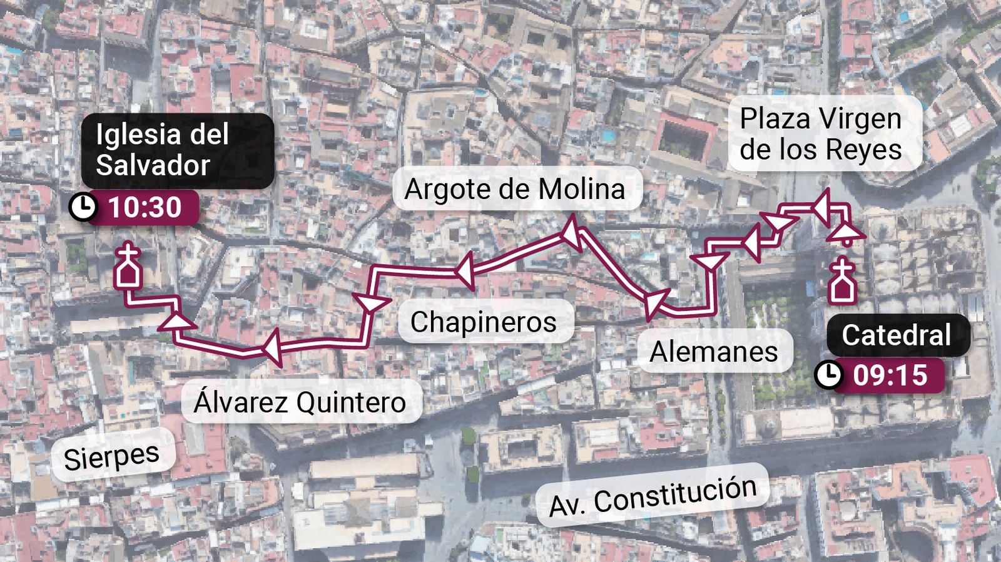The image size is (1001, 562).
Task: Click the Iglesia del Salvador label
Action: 177,150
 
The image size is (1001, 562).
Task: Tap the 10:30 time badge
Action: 145,207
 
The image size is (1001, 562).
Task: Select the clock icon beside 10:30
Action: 82,207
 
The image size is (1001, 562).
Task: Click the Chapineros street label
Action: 484,322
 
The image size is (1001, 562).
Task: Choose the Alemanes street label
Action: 713,351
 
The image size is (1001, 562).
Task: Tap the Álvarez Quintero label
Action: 300,402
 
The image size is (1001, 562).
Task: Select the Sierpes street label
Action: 111,457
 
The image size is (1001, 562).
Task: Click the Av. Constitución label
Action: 653,496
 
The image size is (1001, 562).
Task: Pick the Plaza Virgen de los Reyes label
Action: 821,134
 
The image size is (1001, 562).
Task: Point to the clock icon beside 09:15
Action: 829,375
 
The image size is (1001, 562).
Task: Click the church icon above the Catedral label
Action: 842,282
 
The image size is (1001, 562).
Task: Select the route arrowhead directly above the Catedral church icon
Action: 847,233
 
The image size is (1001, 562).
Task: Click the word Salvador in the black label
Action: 153,165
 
